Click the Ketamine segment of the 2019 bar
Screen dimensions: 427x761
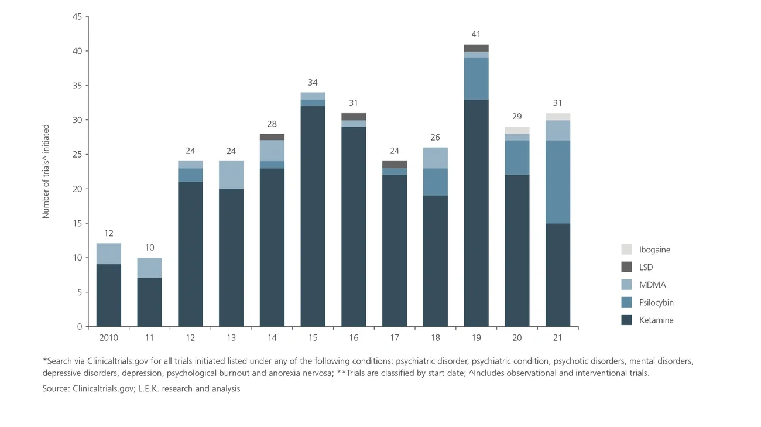point(476,213)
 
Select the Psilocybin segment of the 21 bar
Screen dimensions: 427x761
point(557,182)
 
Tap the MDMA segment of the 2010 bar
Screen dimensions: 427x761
point(109,254)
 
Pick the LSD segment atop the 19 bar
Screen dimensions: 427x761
point(476,48)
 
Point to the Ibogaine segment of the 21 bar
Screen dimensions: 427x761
point(557,117)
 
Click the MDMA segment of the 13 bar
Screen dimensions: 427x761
point(231,175)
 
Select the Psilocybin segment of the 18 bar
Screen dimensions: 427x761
point(435,182)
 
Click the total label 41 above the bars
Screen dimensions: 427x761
point(476,35)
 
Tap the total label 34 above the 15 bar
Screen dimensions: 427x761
point(313,83)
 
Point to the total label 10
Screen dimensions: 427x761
point(149,248)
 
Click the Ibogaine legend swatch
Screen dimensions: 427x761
point(626,250)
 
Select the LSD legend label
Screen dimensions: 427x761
point(646,267)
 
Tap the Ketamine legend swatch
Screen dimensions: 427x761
point(626,320)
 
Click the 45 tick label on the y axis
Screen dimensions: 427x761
point(77,17)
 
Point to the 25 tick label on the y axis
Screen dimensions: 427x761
point(77,155)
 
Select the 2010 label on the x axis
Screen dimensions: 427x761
point(109,338)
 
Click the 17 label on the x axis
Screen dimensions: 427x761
point(394,338)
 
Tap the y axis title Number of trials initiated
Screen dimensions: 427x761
point(46,171)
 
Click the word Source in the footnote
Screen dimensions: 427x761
point(56,388)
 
